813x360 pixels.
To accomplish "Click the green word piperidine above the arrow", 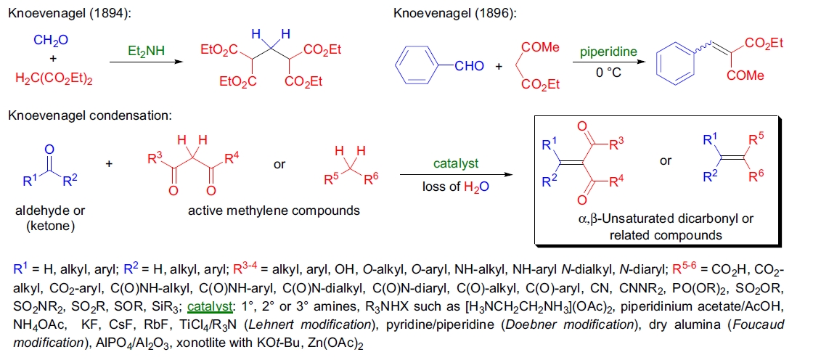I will [608, 52].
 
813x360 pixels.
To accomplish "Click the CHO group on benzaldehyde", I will [469, 67].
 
